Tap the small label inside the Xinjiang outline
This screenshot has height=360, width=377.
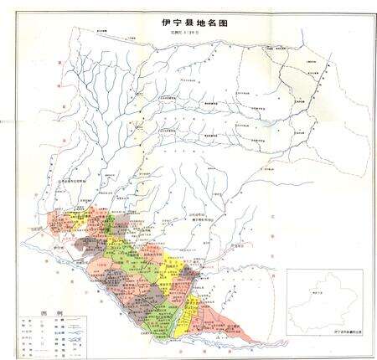316,294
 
